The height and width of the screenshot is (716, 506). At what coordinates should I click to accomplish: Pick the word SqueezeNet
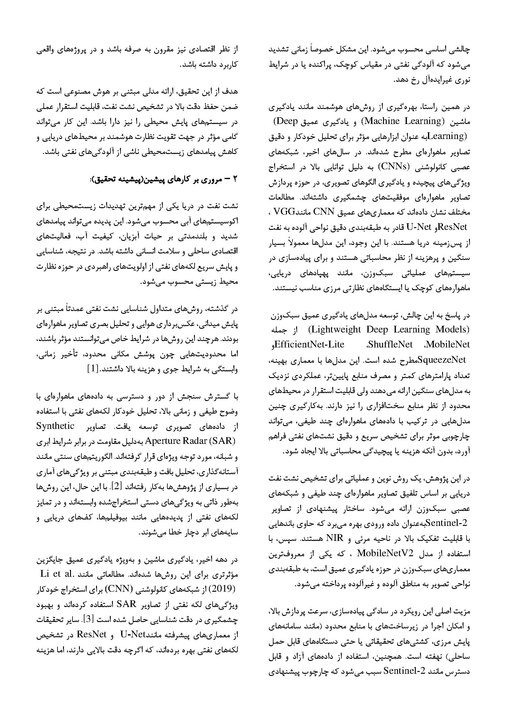[x=443, y=360]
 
